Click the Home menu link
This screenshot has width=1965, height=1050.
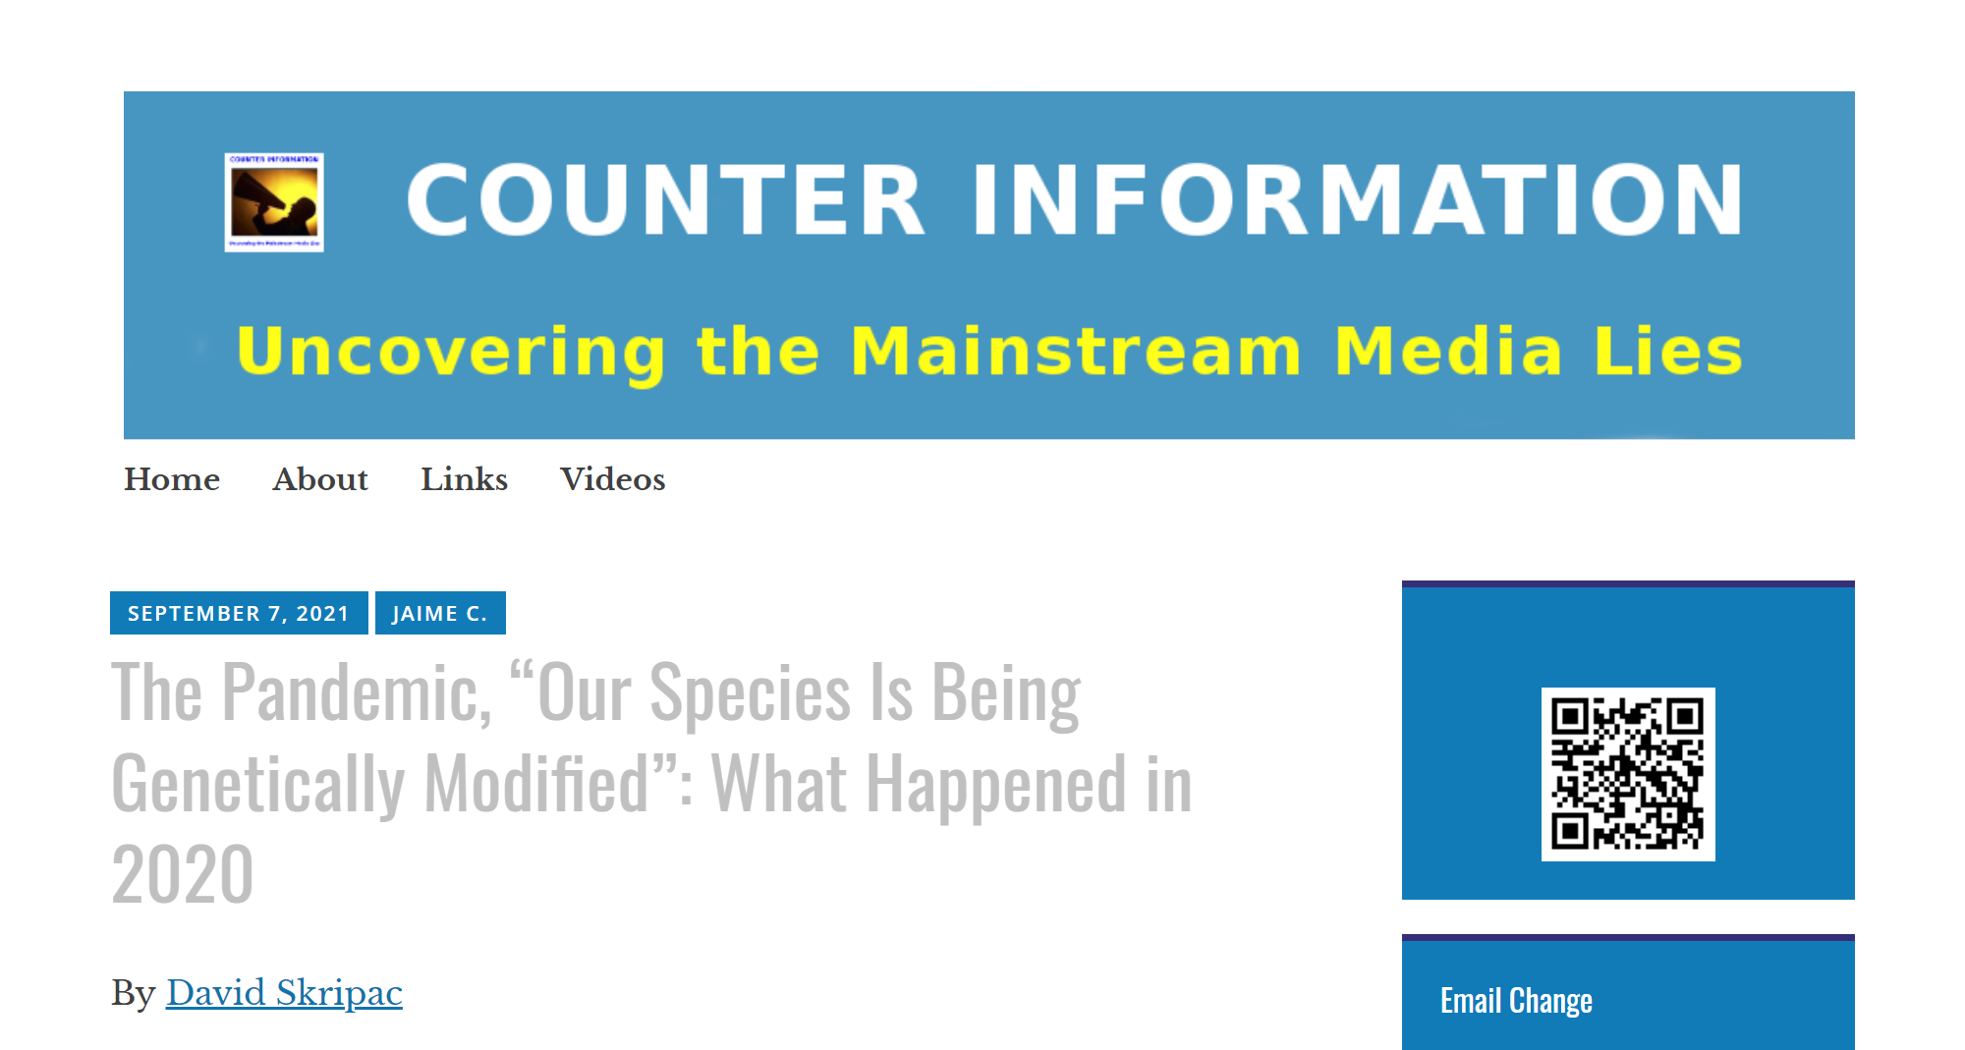click(x=172, y=479)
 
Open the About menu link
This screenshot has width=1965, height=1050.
click(x=320, y=479)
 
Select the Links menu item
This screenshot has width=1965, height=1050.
click(x=464, y=479)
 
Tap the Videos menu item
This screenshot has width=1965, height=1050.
click(x=612, y=479)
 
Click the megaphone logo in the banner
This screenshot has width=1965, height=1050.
click(x=274, y=202)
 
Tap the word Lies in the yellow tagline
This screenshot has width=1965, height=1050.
click(x=1667, y=351)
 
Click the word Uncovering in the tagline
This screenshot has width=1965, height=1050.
click(x=451, y=352)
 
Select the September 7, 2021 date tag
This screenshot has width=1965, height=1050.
click(x=239, y=613)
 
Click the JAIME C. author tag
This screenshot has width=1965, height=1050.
click(x=440, y=613)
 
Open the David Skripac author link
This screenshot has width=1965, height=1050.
click(x=284, y=993)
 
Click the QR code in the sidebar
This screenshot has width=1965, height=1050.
click(x=1628, y=774)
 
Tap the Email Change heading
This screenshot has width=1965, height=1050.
click(x=1516, y=1001)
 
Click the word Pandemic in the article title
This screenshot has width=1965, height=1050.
click(x=357, y=693)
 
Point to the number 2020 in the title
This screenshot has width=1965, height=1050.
click(x=183, y=874)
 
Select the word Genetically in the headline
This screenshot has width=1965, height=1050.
click(x=258, y=785)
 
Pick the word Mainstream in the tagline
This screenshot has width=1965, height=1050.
click(x=1076, y=351)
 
